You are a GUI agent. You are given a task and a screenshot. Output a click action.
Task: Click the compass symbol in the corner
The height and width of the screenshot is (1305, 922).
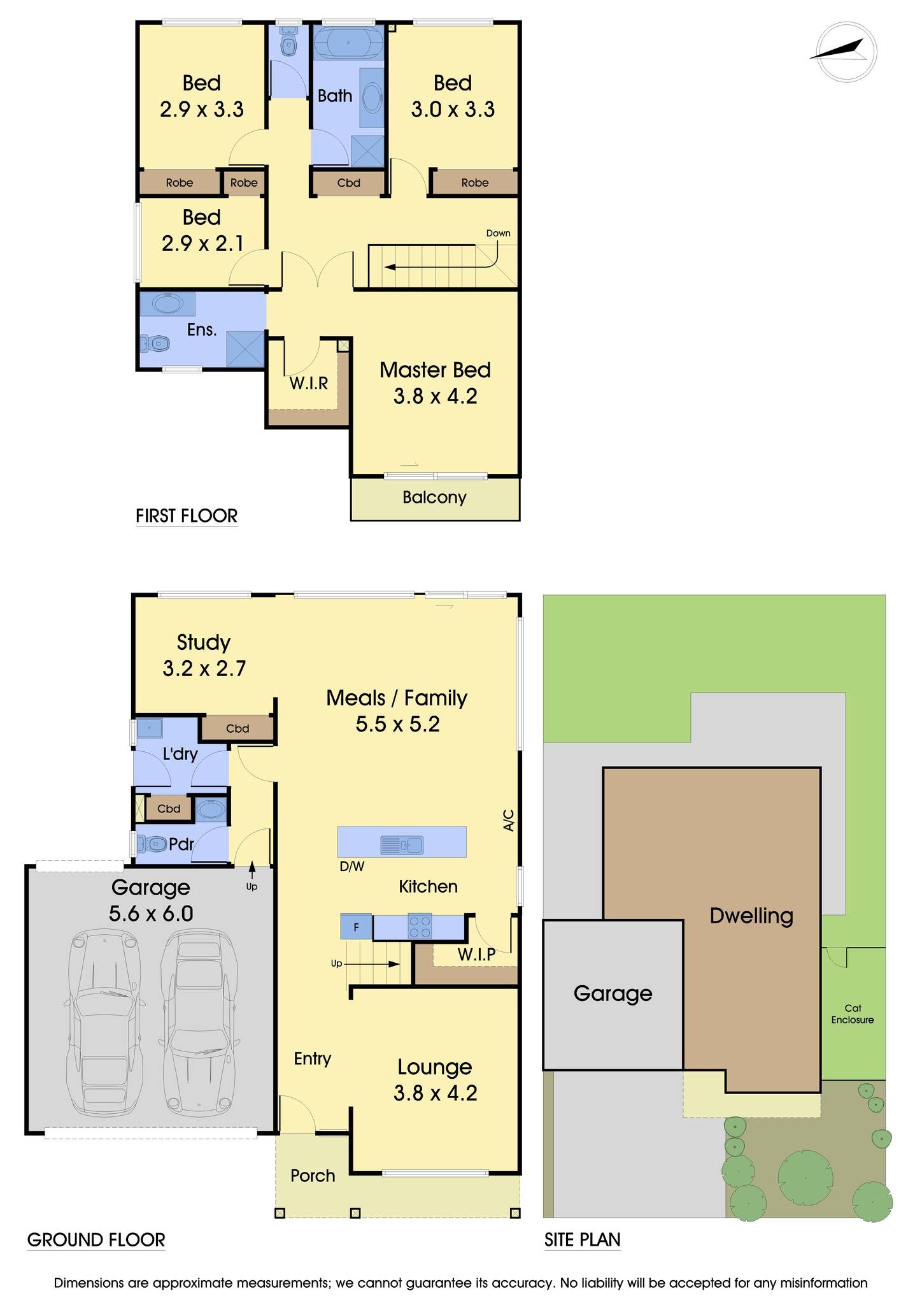[x=846, y=52]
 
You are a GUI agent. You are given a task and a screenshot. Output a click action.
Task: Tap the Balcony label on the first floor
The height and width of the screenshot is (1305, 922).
[x=434, y=497]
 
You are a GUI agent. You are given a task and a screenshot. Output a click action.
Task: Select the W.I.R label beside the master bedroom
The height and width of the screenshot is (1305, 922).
[x=309, y=383]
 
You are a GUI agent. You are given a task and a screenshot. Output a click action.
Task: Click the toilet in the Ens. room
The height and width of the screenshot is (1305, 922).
[x=155, y=344]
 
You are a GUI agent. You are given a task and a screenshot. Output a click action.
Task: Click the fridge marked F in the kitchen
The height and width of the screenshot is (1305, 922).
[x=356, y=926]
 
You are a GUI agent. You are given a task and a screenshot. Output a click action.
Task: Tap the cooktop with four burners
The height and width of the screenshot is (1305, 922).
[x=419, y=926]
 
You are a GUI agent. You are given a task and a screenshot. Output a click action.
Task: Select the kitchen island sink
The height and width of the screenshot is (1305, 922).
[x=401, y=845]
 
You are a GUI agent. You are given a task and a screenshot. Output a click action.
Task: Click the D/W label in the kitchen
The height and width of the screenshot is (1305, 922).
[x=351, y=867]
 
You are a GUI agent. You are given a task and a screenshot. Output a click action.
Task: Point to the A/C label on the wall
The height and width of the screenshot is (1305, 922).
[x=509, y=820]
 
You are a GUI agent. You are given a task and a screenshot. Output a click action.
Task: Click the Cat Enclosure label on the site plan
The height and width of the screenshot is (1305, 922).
[x=853, y=1014]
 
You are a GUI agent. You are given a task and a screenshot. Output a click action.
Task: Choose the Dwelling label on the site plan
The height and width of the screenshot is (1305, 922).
[x=751, y=916]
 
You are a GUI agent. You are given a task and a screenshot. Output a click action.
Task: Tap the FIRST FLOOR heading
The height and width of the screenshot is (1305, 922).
[x=187, y=516]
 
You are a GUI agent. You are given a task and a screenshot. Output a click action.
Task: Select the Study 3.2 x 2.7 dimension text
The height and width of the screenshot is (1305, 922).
[x=204, y=668]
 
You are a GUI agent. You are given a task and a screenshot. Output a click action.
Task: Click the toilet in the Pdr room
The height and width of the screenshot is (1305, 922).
[x=151, y=844]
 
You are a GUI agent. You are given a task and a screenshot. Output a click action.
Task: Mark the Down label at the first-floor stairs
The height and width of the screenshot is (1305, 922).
[x=498, y=233]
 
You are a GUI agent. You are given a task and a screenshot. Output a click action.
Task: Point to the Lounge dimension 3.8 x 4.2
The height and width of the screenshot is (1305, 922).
[x=435, y=1093]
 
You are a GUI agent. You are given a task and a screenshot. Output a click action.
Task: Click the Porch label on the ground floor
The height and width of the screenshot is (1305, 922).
[x=313, y=1176]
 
